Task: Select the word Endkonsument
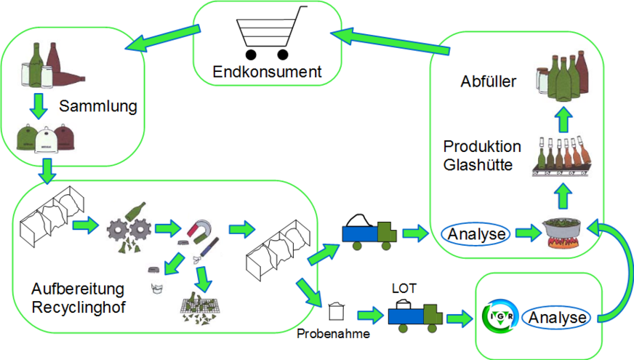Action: (x=267, y=72)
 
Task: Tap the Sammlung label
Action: (x=98, y=107)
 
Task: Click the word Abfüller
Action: (x=489, y=82)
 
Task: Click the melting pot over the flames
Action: (x=559, y=233)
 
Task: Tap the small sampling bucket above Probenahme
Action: (x=335, y=311)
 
